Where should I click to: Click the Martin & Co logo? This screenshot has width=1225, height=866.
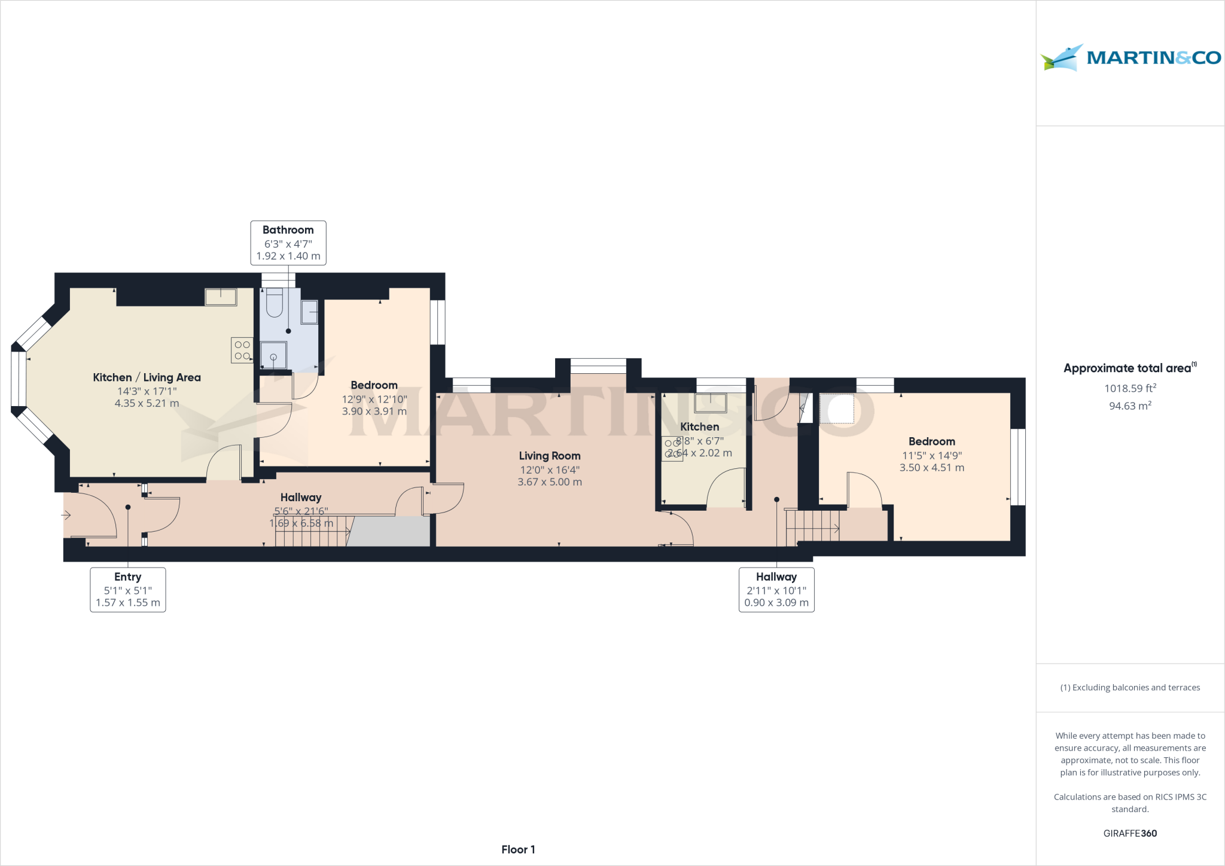1130,58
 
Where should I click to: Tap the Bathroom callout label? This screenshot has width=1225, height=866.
288,242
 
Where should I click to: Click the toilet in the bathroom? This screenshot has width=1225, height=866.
274,303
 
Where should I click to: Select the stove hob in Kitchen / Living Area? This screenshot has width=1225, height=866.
242,350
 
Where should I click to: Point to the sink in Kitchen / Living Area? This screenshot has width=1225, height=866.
221,297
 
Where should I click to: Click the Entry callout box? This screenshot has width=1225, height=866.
127,589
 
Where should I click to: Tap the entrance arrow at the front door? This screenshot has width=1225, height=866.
66,515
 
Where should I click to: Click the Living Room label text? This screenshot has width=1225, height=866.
549,456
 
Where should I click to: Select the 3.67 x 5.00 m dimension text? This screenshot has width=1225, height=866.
549,482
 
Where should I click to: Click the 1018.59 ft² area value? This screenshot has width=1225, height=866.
1129,389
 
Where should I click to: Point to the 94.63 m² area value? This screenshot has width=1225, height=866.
1129,406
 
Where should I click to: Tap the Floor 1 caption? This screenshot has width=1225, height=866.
518,849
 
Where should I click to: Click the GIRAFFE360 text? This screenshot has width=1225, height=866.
1129,833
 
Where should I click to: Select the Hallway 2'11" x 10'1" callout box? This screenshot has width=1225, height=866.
776,589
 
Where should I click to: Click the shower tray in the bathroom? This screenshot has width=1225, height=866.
273,355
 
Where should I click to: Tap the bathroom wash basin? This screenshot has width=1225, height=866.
309,312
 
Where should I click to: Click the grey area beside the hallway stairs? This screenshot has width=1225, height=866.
389,532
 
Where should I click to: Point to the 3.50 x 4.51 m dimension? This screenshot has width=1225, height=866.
931,468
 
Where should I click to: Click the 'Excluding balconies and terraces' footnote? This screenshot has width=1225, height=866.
1129,687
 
